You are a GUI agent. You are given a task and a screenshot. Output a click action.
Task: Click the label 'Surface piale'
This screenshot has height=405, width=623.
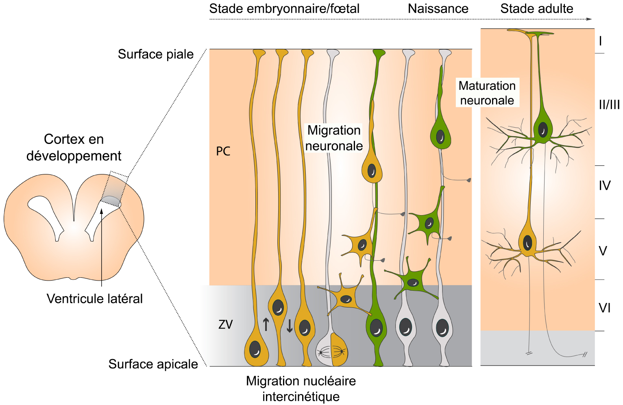coord(155,54)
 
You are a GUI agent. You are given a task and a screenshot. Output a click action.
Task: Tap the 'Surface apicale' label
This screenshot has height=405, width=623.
coord(153,364)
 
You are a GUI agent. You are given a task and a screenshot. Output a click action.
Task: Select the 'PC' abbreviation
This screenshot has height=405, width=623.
coord(223,152)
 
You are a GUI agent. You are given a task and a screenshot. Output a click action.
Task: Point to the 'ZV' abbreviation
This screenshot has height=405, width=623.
coord(225,324)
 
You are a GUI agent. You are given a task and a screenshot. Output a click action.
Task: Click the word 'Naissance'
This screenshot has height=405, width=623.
coord(438,9)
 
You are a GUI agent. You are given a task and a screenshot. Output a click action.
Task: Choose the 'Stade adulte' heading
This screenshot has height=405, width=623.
coord(537,9)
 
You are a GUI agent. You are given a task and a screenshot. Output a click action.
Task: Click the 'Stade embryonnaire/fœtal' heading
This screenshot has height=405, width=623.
coord(284,9)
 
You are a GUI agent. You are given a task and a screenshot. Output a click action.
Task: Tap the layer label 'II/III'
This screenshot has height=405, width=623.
coord(609,105)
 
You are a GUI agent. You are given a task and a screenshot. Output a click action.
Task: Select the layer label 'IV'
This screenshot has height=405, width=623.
coord(605,185)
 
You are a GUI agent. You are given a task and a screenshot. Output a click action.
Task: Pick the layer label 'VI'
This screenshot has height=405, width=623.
coord(605,308)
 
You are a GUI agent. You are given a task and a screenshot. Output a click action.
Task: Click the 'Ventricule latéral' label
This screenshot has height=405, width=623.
coord(95,299)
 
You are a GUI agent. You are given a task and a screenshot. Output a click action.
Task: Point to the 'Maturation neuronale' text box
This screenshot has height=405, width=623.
coord(487,93)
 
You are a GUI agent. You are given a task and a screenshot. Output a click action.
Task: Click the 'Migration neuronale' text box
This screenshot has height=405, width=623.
coord(334,138)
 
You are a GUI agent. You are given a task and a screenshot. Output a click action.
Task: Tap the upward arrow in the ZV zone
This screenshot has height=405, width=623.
coord(266,324)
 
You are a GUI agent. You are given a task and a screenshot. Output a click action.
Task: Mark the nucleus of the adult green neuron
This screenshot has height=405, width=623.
coord(542,129)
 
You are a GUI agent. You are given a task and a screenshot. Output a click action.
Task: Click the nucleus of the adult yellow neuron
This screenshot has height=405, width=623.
coord(527,243)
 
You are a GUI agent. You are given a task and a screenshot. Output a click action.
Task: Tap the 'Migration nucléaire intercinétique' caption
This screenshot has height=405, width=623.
coord(301,389)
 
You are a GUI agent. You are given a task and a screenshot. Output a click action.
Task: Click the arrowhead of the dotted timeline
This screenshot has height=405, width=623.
coord(589,19)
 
